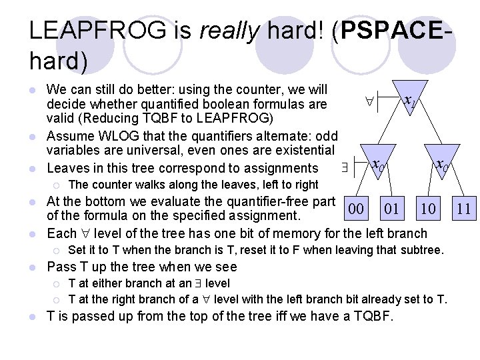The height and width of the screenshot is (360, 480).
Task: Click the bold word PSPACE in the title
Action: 387,32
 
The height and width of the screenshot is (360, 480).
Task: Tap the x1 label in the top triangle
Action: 410,101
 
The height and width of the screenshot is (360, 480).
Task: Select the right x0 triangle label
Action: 441,164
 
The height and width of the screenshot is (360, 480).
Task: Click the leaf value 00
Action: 357,209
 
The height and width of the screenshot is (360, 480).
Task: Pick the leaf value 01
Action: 392,209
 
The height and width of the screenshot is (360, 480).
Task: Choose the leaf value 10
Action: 427,209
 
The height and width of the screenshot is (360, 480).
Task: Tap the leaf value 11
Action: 463,209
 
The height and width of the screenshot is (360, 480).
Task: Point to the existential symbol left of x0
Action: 345,167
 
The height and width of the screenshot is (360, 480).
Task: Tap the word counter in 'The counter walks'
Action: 109,185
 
